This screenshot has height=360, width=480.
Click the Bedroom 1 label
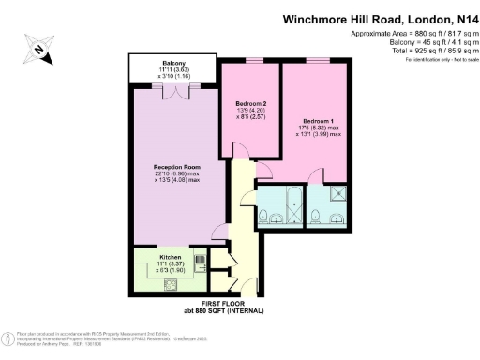click(x=316, y=123)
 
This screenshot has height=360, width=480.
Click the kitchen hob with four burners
click(x=172, y=286)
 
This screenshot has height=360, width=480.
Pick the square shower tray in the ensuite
click(x=335, y=197)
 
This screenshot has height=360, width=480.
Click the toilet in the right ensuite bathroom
click(x=322, y=218)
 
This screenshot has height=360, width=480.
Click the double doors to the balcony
click(x=175, y=91)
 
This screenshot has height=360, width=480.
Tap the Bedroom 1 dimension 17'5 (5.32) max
click(x=314, y=130)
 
